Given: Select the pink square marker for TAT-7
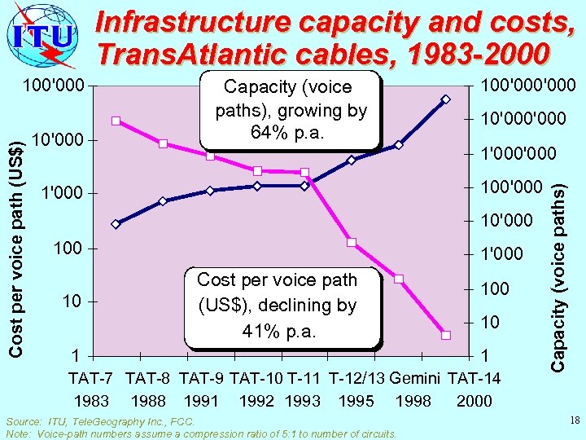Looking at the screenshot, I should point(116,121).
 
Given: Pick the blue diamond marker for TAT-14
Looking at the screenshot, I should point(446,99).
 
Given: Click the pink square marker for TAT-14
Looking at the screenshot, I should point(446,335).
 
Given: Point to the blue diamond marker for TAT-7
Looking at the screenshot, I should point(116,224).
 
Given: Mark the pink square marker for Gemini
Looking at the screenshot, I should point(399,279).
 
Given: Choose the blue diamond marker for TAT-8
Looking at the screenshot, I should point(163,201).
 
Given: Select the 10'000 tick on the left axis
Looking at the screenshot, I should point(62,139).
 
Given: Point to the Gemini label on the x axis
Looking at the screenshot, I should point(415,378).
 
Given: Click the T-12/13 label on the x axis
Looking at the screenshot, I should point(356,378).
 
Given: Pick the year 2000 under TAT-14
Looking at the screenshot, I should point(474,401).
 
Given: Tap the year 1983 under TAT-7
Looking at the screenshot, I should point(90,401).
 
